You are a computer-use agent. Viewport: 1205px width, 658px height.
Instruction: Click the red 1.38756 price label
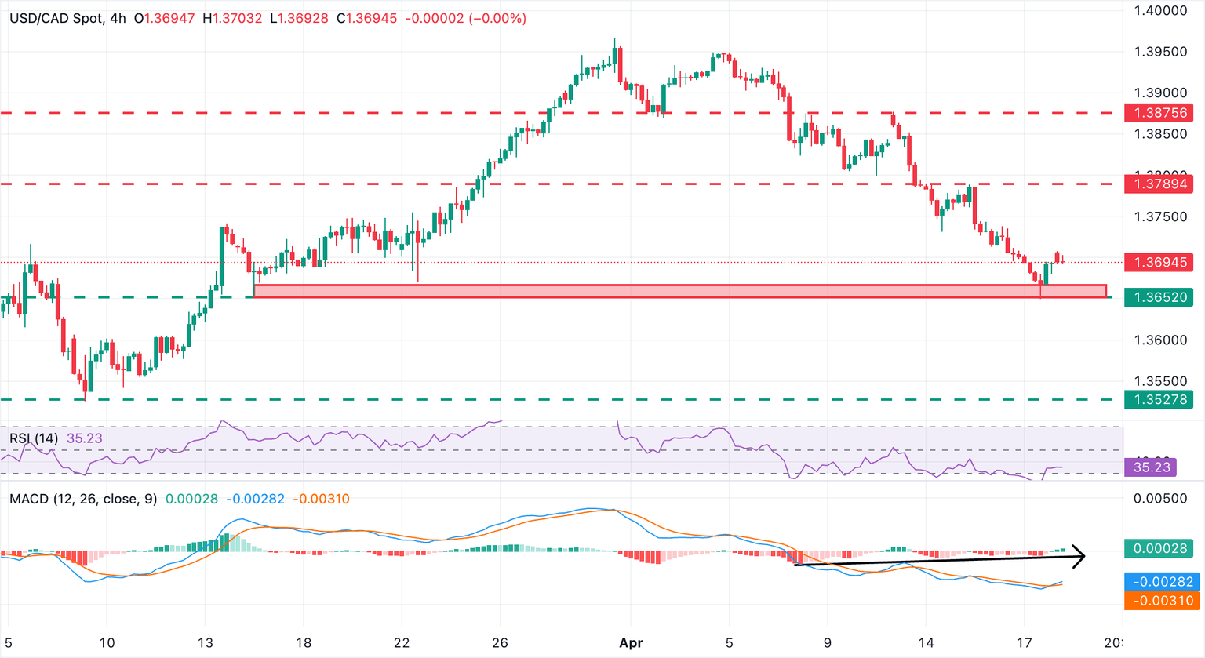[1158, 113]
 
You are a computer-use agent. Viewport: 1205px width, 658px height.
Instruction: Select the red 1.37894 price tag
[1158, 184]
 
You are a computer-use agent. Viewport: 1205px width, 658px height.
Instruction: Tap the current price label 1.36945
[1158, 262]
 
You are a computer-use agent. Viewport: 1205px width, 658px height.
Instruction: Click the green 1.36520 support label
[1158, 297]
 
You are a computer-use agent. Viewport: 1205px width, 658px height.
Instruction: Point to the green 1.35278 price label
[1158, 400]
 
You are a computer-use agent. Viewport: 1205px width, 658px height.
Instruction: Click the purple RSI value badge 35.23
[1150, 467]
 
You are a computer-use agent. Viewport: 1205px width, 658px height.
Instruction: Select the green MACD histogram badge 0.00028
[1158, 548]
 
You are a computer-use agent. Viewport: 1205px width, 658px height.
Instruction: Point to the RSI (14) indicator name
[34, 438]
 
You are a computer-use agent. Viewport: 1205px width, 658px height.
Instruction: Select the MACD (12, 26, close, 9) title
[83, 499]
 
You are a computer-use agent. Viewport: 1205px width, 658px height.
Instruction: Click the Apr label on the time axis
[631, 643]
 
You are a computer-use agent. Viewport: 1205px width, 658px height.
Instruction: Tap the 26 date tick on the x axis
[500, 643]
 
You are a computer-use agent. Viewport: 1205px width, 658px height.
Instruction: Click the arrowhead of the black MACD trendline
[1081, 556]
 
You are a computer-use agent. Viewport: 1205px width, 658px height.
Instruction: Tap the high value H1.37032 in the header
[232, 18]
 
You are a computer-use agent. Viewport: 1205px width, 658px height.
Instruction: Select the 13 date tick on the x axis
[205, 643]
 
